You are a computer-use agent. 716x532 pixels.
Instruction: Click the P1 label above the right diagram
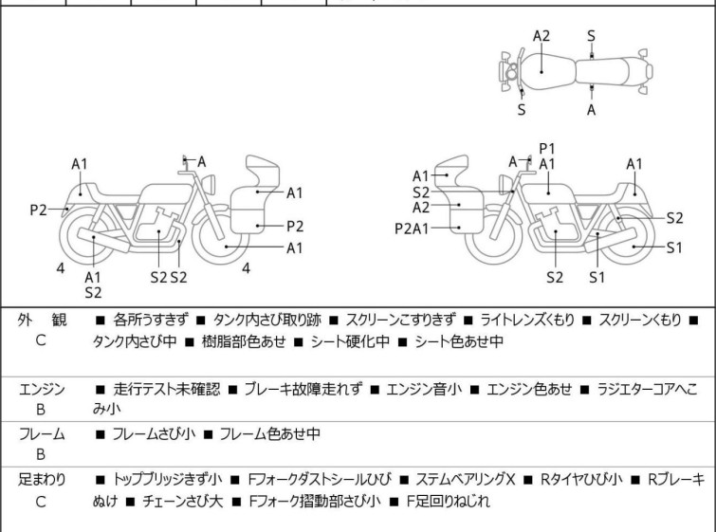pyautogui.click(x=546, y=149)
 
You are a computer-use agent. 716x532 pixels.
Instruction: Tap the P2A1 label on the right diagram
pyautogui.click(x=412, y=228)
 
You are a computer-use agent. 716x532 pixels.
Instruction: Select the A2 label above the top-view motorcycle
pyautogui.click(x=541, y=36)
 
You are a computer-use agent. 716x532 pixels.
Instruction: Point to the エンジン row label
pyautogui.click(x=42, y=390)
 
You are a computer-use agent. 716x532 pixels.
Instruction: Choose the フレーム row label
pyautogui.click(x=42, y=434)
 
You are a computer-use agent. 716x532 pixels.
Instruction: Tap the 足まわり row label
pyautogui.click(x=42, y=480)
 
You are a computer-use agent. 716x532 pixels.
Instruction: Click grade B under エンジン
pyautogui.click(x=41, y=410)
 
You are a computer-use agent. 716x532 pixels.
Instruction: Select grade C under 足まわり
pyautogui.click(x=41, y=502)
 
